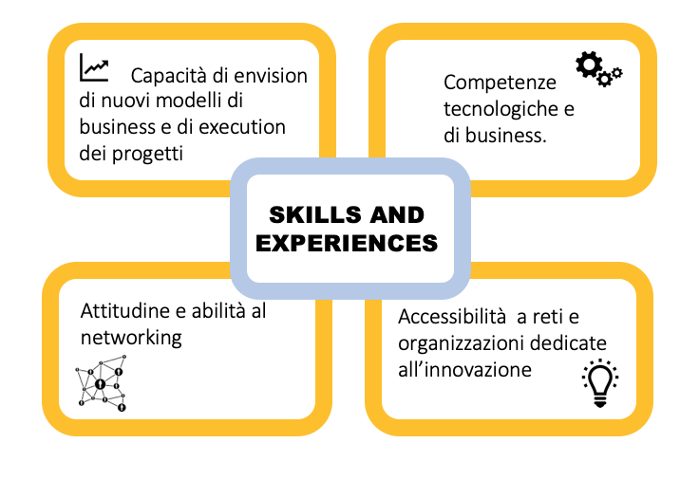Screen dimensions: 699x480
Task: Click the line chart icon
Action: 94,68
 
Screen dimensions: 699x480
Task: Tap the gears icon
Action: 598,69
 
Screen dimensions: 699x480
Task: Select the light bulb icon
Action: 600,383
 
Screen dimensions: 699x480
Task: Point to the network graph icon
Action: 102,383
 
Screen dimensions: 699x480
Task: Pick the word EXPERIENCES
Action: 347,243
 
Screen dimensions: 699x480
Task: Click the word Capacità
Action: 173,76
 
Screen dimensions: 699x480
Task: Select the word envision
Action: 271,76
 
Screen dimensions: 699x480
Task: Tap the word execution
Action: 242,127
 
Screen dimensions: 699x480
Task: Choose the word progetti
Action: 147,155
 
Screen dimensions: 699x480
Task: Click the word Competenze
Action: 500,83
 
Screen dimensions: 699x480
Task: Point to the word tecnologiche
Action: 501,109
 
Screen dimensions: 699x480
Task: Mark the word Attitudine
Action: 125,311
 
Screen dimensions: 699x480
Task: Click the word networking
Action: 131,338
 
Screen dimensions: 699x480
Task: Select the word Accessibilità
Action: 452,317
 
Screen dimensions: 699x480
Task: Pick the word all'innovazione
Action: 465,370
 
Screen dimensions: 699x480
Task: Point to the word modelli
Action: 193,101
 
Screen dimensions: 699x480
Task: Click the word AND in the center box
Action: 397,215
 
